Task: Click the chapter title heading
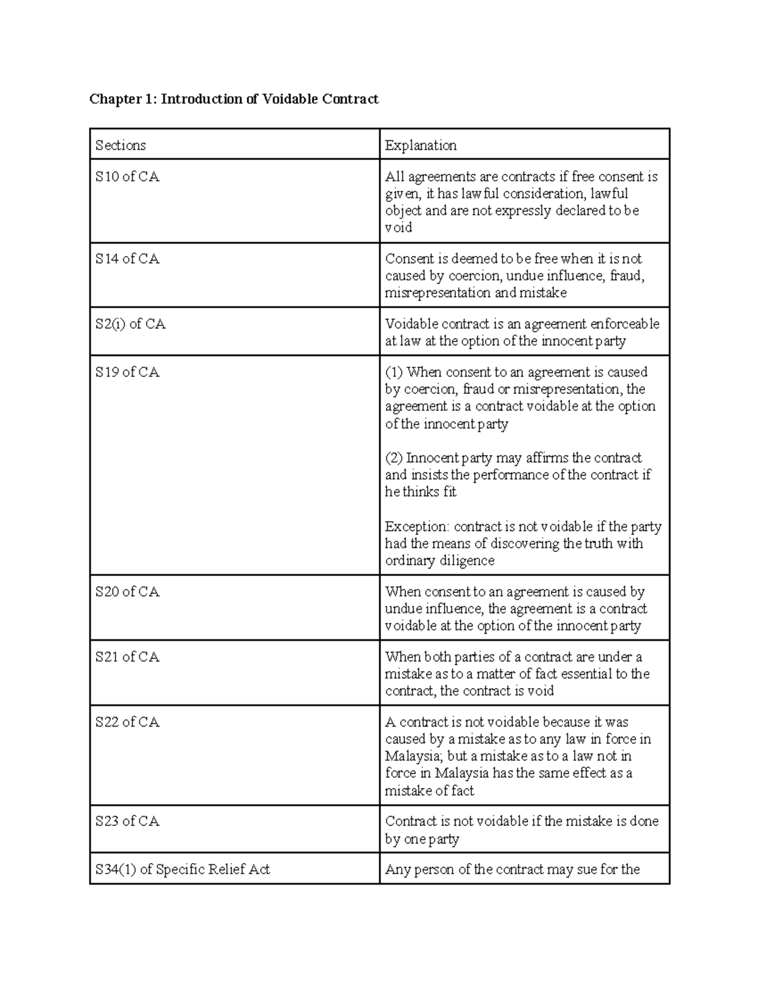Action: pyautogui.click(x=234, y=99)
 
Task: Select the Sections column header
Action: pyautogui.click(x=121, y=145)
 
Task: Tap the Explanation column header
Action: pyautogui.click(x=421, y=145)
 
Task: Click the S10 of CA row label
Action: pyautogui.click(x=128, y=177)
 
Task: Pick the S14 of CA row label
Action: pyautogui.click(x=128, y=259)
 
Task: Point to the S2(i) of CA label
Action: pyautogui.click(x=131, y=324)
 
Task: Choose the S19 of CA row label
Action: pyautogui.click(x=128, y=372)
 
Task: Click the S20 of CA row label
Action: pyautogui.click(x=128, y=592)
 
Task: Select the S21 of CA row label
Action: pyautogui.click(x=128, y=657)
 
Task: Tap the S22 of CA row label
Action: pyautogui.click(x=128, y=722)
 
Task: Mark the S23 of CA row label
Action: pyautogui.click(x=128, y=821)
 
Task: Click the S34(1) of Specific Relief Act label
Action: pyautogui.click(x=183, y=870)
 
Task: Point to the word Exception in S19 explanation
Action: pyautogui.click(x=416, y=527)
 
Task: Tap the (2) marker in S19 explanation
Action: pyautogui.click(x=394, y=458)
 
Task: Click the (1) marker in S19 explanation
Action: pyautogui.click(x=394, y=372)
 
